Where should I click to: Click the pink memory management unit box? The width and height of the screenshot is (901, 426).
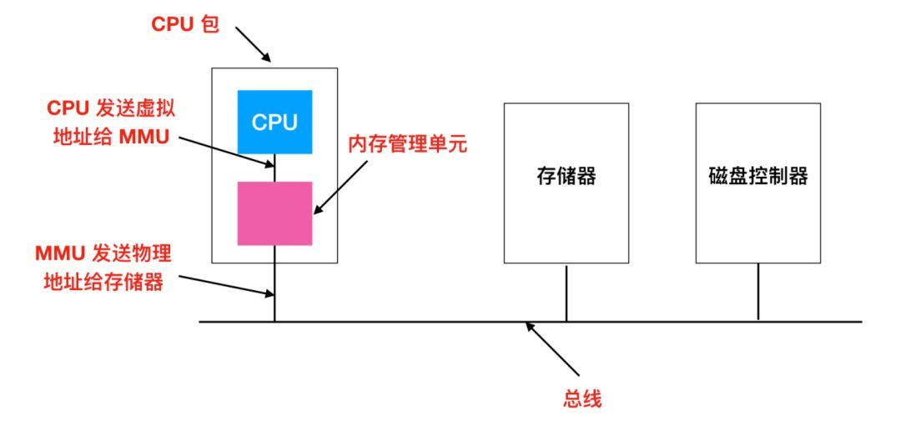pyautogui.click(x=274, y=213)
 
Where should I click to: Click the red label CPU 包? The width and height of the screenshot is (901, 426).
pyautogui.click(x=184, y=25)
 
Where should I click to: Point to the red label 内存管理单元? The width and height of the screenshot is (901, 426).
pyautogui.click(x=408, y=144)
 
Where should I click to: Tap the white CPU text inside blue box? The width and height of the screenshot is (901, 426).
pyautogui.click(x=274, y=123)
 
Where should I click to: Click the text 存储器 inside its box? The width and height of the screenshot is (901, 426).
pyautogui.click(x=566, y=177)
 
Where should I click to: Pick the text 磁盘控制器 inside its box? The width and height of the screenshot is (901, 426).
pyautogui.click(x=758, y=177)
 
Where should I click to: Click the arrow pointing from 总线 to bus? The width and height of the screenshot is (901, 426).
pyautogui.click(x=552, y=349)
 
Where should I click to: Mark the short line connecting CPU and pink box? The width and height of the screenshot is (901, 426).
pyautogui.click(x=274, y=168)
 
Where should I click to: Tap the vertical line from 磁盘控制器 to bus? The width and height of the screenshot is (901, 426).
pyautogui.click(x=758, y=292)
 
